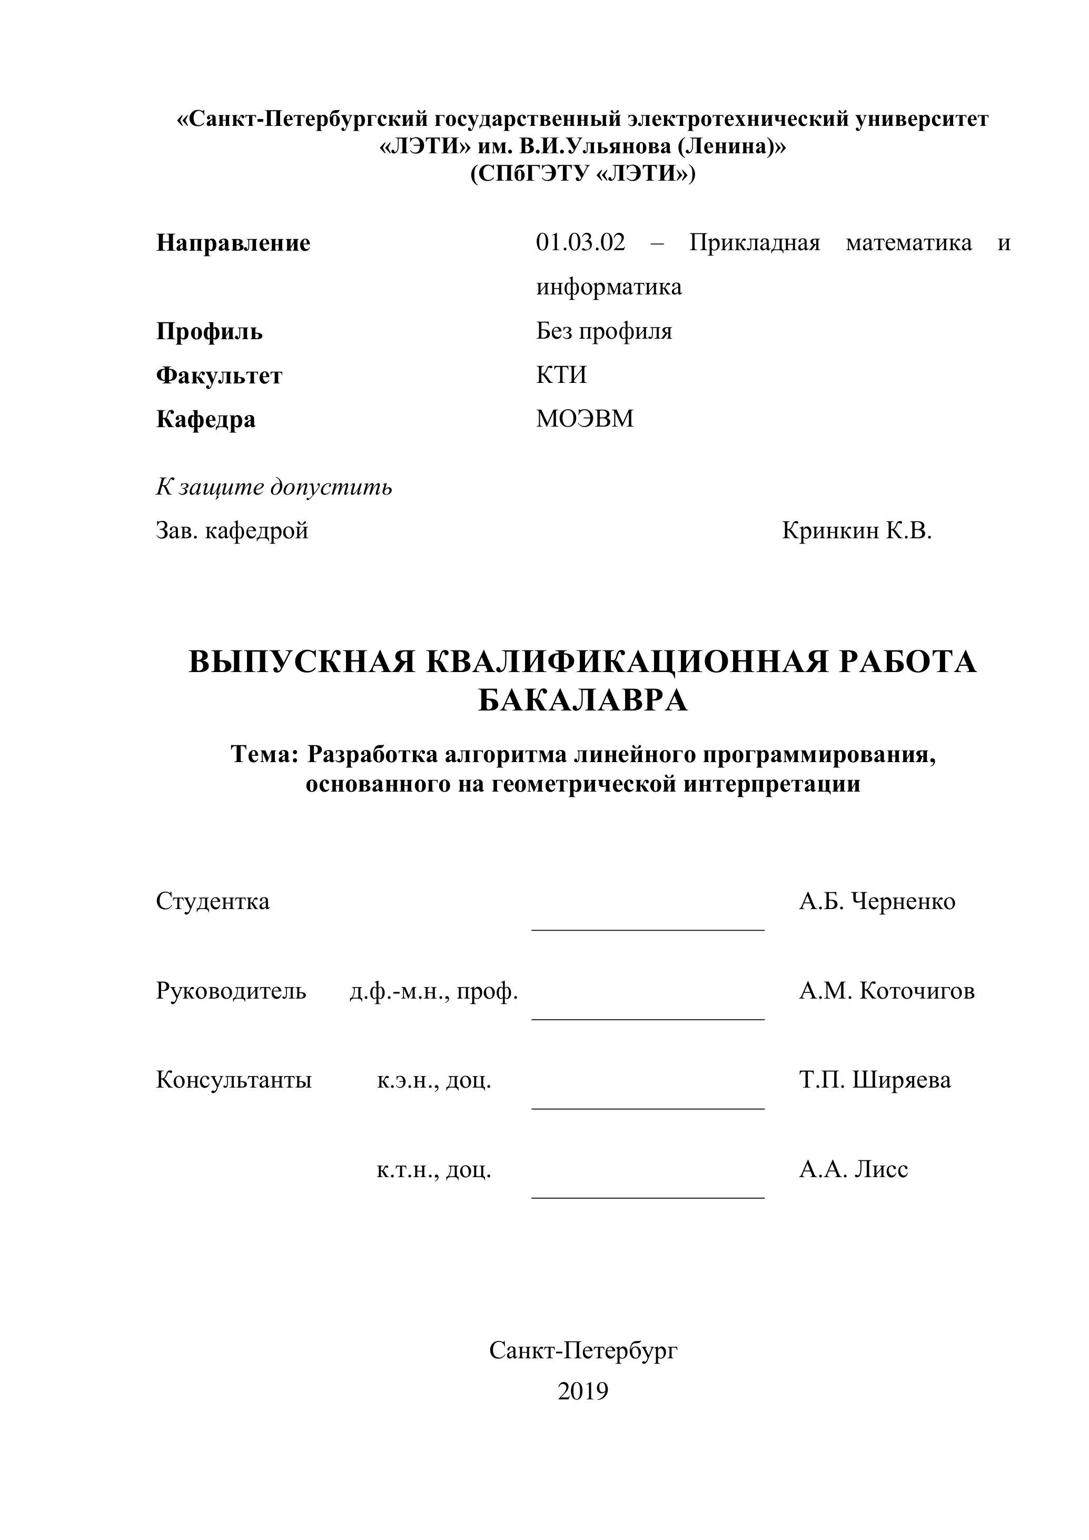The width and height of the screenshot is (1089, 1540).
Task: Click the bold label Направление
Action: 233,243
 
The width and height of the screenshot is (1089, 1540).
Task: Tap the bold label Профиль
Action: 209,331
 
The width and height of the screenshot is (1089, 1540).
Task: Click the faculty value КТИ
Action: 561,374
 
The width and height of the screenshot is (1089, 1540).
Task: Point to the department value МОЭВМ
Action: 585,419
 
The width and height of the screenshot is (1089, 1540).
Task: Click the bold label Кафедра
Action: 206,419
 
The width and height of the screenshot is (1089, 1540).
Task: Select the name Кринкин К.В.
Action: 856,531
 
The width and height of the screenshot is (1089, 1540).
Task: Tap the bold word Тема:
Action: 264,755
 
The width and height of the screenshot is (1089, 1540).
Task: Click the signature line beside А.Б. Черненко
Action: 648,930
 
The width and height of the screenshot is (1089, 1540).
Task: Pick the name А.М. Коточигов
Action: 886,991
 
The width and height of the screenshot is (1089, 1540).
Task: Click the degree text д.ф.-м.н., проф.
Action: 433,991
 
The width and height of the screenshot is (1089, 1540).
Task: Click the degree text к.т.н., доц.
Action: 434,1170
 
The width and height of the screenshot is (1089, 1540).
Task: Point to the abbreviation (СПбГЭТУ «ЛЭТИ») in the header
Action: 583,174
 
